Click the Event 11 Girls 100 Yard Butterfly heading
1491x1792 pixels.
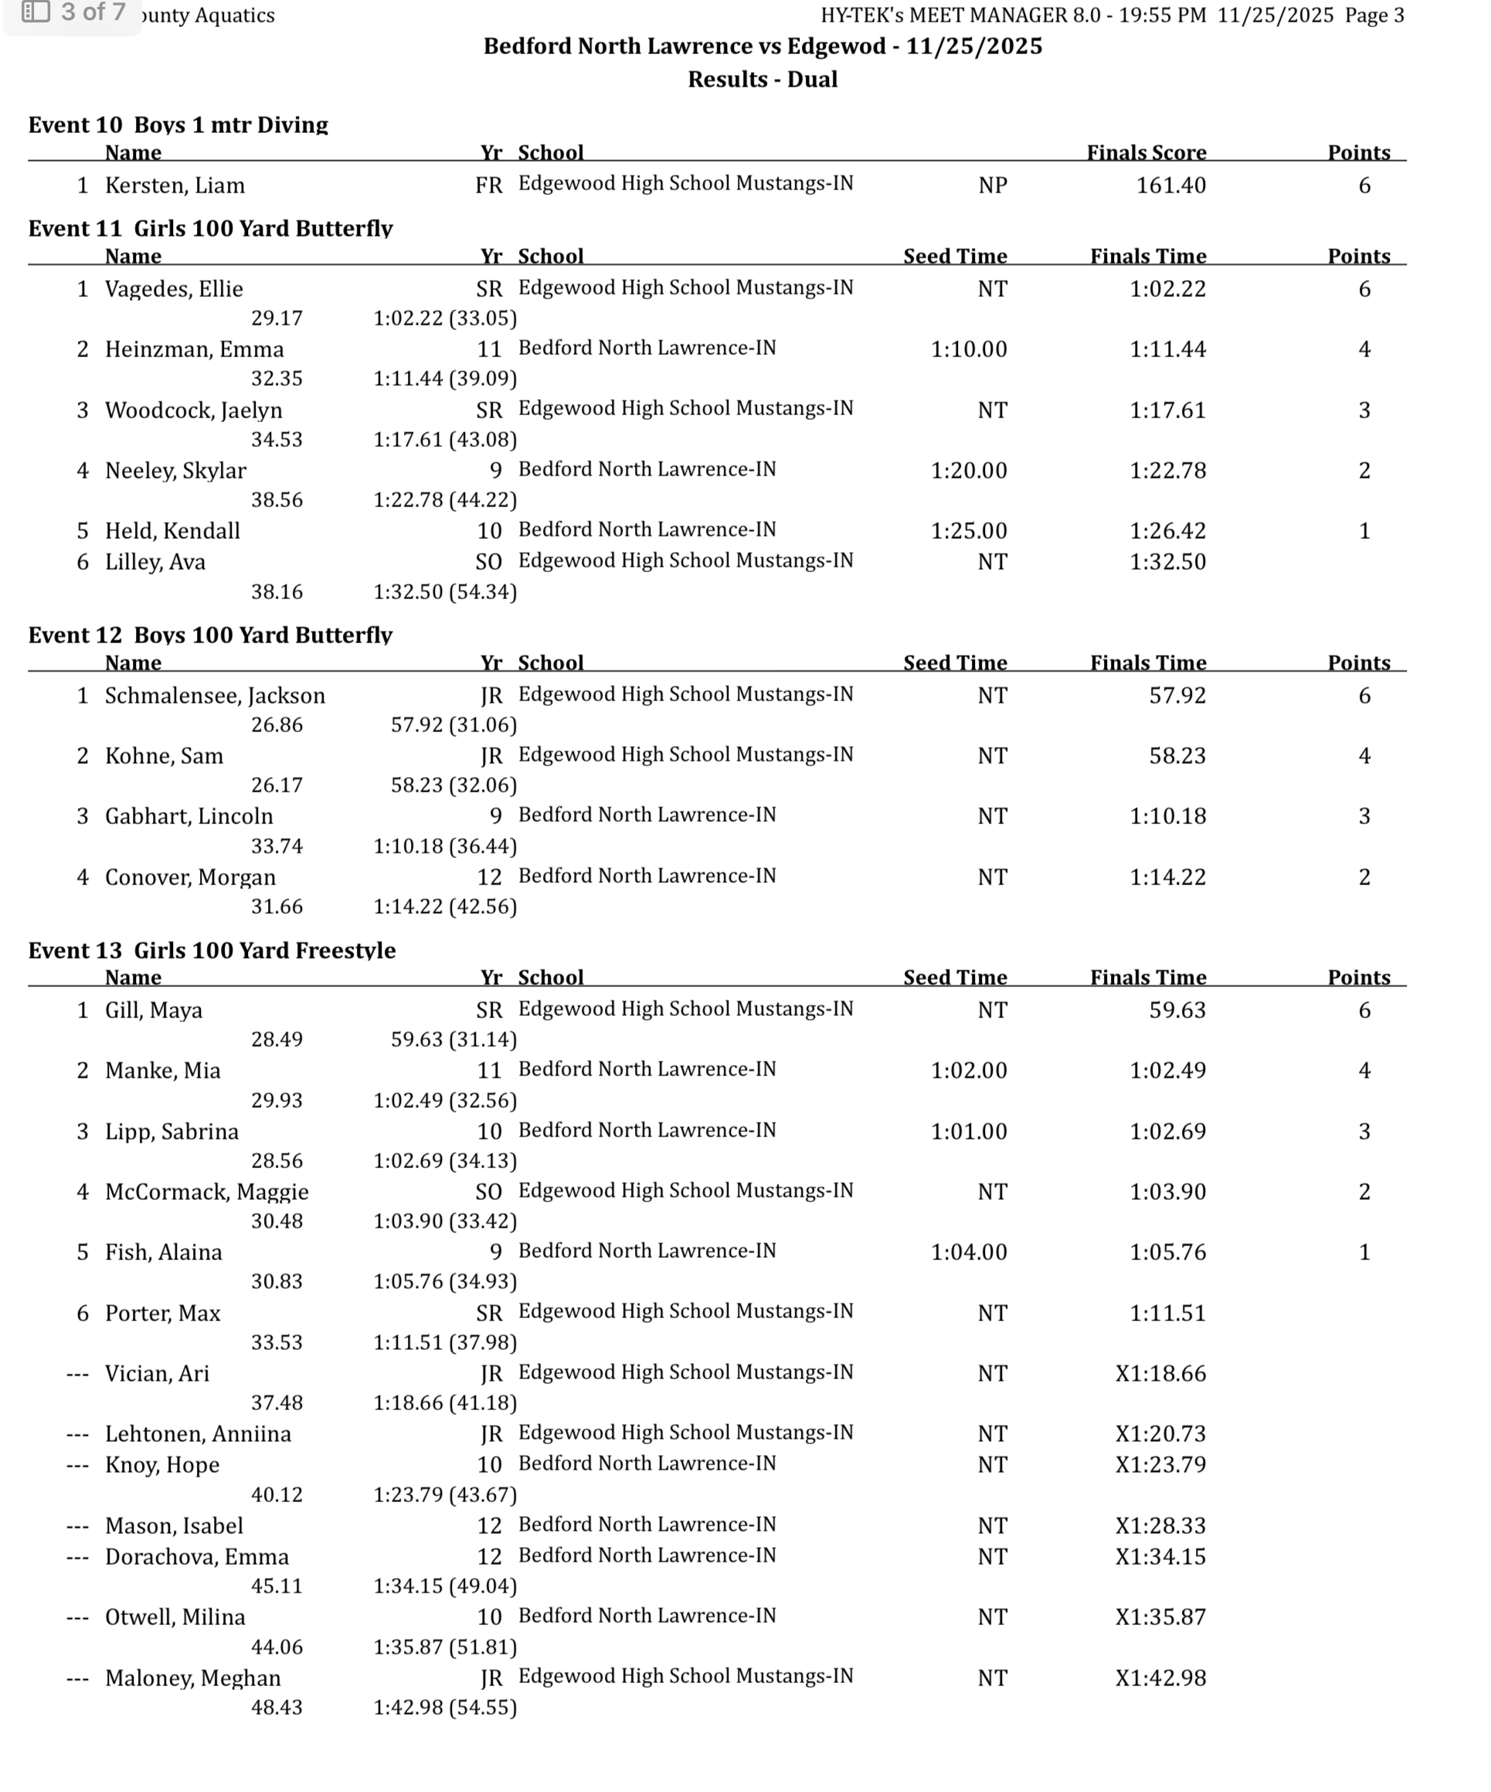[x=210, y=228]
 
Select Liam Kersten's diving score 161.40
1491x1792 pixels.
[x=1170, y=186]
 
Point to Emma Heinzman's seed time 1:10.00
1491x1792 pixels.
[x=968, y=349]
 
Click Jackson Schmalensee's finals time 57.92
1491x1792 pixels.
[x=1177, y=696]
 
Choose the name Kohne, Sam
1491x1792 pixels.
[x=164, y=756]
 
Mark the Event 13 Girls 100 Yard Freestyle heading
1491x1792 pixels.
[x=212, y=950]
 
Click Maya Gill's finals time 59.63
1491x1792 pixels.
[x=1177, y=1010]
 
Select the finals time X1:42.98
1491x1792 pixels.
[x=1160, y=1678]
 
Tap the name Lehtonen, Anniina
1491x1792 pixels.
[x=198, y=1433]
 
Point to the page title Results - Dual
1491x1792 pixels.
[x=762, y=80]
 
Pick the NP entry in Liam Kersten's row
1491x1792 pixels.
[x=992, y=186]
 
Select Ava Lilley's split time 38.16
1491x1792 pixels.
[x=277, y=592]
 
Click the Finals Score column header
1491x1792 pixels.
[x=1146, y=153]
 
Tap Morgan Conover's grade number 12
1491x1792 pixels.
[x=489, y=877]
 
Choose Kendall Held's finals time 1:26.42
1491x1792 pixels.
[x=1168, y=531]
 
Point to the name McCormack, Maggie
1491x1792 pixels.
[x=206, y=1191]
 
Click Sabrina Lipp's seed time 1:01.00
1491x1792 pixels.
[x=968, y=1132]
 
